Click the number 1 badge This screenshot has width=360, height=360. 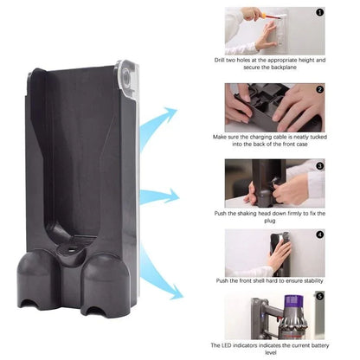(x=319, y=13)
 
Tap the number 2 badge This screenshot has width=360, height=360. (x=319, y=89)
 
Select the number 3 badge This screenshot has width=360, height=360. (x=319, y=165)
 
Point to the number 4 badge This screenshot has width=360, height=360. (x=319, y=235)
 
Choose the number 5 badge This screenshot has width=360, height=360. (x=319, y=299)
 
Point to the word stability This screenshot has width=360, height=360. (x=303, y=280)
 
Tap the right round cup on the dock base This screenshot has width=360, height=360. (x=103, y=279)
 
